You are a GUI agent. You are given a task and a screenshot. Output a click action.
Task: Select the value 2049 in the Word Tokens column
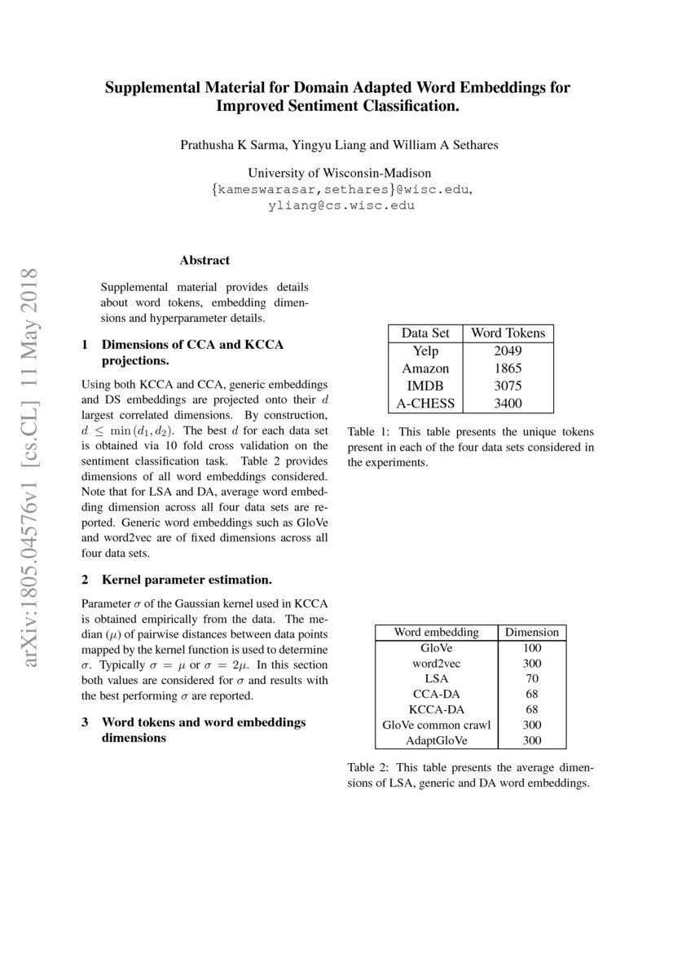pyautogui.click(x=508, y=351)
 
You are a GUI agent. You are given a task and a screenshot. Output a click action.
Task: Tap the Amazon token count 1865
pyautogui.click(x=508, y=368)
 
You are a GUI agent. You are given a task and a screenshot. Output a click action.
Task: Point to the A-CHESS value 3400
pyautogui.click(x=508, y=404)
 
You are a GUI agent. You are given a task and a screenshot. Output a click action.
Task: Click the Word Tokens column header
pyautogui.click(x=508, y=333)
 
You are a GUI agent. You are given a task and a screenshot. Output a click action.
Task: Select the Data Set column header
pyautogui.click(x=425, y=333)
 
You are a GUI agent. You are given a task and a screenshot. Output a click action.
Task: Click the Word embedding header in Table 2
pyautogui.click(x=436, y=632)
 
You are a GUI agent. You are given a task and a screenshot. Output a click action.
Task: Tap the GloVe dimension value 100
pyautogui.click(x=531, y=648)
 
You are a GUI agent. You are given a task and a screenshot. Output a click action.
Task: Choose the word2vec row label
pyautogui.click(x=436, y=664)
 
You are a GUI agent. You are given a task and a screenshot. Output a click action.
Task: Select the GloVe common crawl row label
pyautogui.click(x=436, y=726)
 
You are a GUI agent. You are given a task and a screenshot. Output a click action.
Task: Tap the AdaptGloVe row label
pyautogui.click(x=436, y=741)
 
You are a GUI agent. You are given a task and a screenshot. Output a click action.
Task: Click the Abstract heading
pyautogui.click(x=205, y=260)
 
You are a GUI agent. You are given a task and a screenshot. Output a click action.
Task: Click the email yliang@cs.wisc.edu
pyautogui.click(x=341, y=205)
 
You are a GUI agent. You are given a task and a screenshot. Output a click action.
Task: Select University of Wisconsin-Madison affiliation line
pyautogui.click(x=339, y=173)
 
